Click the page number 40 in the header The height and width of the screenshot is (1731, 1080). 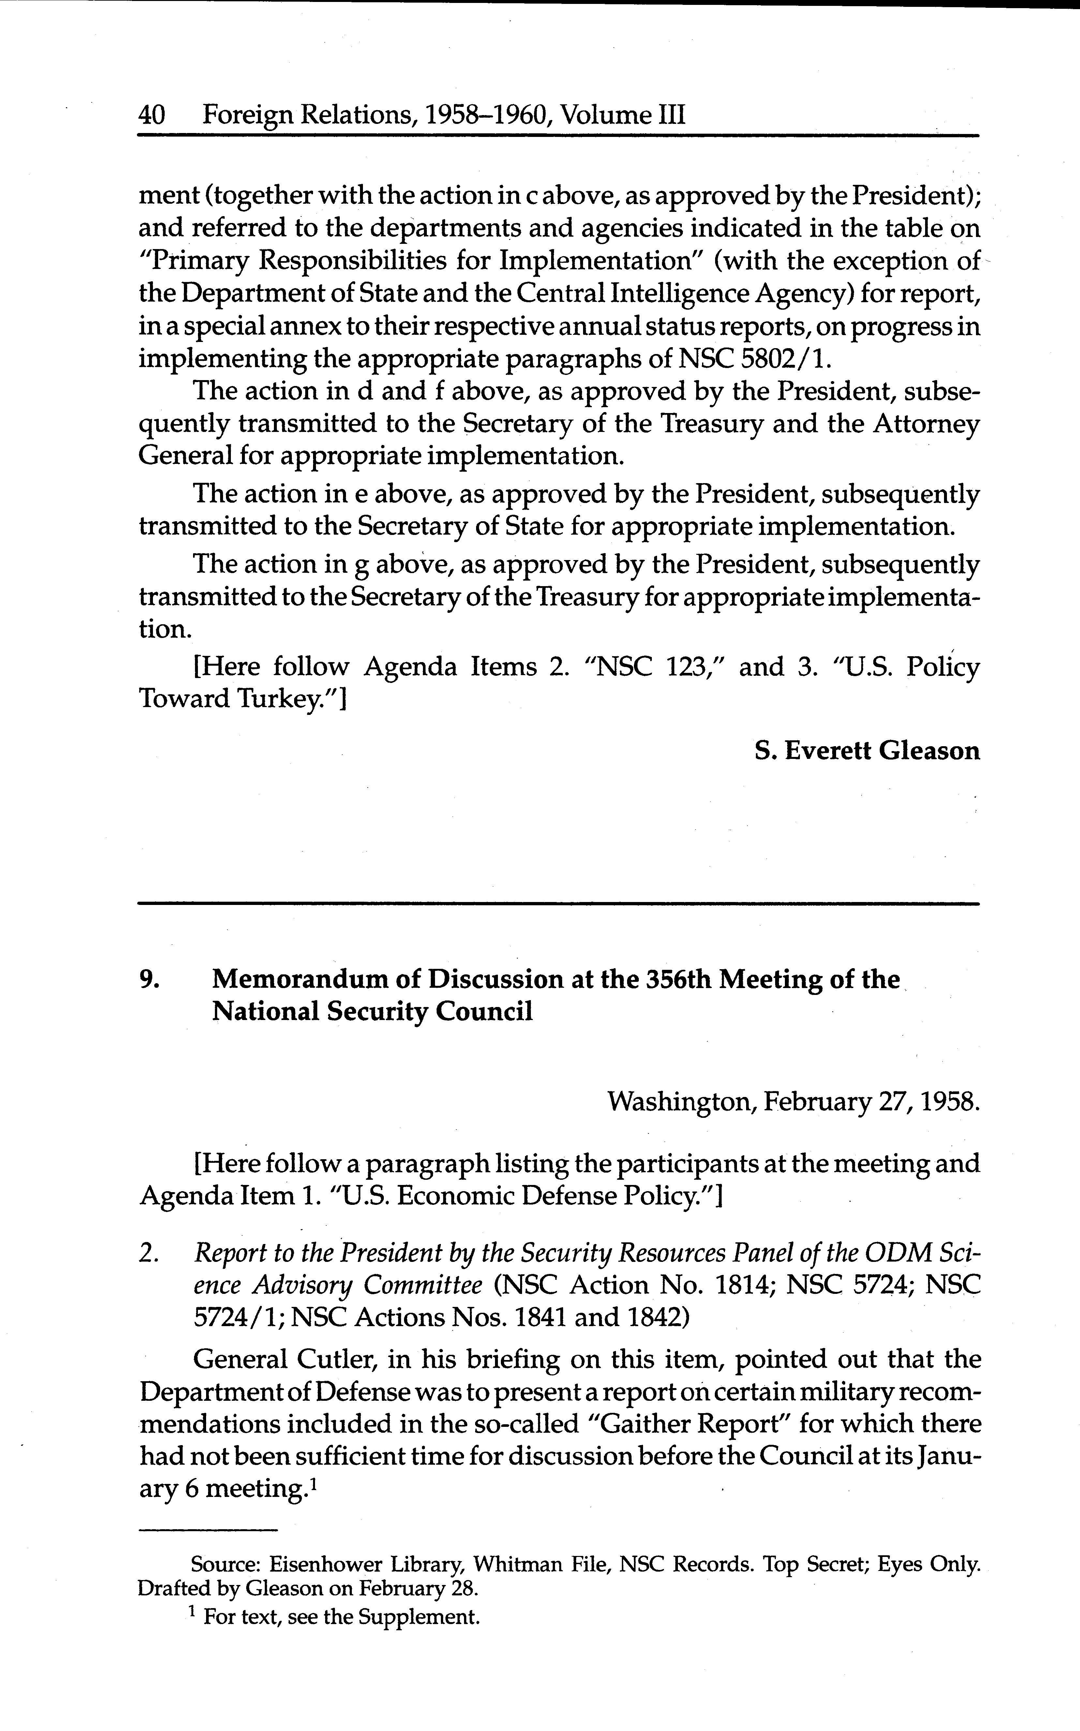[x=151, y=115]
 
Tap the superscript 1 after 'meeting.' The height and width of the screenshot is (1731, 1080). [x=314, y=1483]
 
